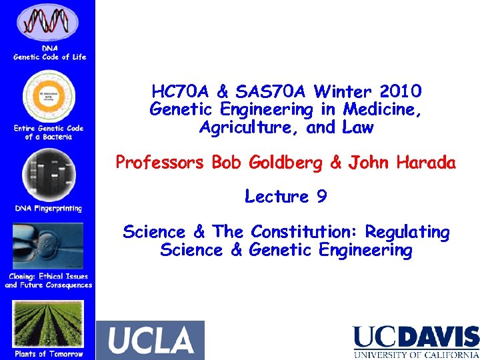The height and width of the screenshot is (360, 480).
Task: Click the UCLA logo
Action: pyautogui.click(x=151, y=340)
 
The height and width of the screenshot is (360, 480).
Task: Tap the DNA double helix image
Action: pyautogui.click(x=49, y=22)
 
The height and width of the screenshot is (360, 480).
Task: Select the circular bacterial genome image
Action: pyautogui.click(x=49, y=97)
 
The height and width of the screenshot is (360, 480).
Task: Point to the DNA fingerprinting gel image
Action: pyautogui.click(x=48, y=175)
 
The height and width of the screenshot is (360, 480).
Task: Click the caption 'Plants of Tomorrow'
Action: pyautogui.click(x=49, y=354)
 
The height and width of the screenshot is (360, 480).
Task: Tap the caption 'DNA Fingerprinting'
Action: pyautogui.click(x=49, y=209)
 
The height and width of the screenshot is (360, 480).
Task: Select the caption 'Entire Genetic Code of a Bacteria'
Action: pyautogui.click(x=49, y=132)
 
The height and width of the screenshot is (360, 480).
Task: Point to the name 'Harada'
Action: pyautogui.click(x=424, y=162)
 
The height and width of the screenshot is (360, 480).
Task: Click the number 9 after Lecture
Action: pyautogui.click(x=321, y=197)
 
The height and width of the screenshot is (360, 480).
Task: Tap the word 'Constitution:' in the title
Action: pyautogui.click(x=303, y=232)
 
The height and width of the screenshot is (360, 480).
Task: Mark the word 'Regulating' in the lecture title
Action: pyautogui.click(x=407, y=232)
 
